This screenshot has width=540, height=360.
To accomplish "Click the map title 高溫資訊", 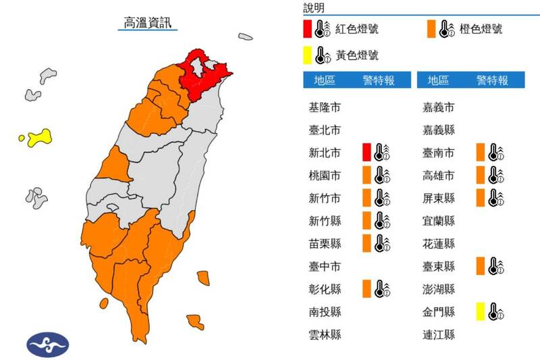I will tap(147, 22).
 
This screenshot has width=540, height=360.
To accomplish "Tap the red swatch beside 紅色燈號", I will tap(307, 29).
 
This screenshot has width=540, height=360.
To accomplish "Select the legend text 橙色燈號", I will tap(481, 29).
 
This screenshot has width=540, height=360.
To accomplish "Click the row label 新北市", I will tap(325, 153).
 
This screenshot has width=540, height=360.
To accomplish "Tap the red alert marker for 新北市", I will tap(367, 153).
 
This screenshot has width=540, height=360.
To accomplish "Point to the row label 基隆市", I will tap(325, 107).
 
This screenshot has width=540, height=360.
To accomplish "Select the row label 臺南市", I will tap(437, 153).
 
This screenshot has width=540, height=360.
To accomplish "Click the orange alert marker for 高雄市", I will tap(481, 176).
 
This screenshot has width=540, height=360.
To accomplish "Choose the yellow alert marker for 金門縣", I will tap(481, 311).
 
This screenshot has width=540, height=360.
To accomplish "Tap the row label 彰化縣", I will tap(325, 289).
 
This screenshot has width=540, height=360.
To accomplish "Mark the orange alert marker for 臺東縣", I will tap(481, 266).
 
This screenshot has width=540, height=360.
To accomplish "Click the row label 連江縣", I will tap(437, 334).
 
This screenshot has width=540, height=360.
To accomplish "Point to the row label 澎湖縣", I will tap(437, 289).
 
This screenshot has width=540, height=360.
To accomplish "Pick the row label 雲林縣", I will tap(325, 334).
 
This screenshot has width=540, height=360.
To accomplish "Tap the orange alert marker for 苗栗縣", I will tap(367, 243).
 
